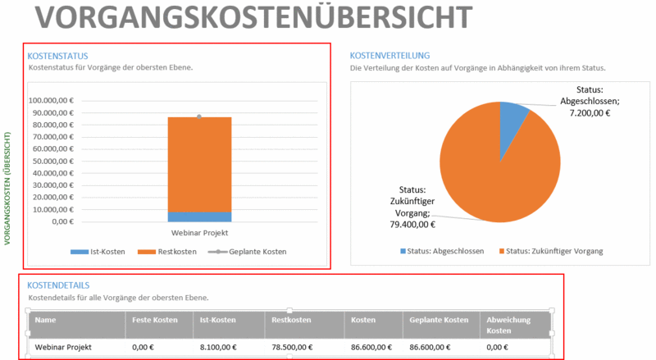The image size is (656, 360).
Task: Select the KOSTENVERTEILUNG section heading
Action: pos(389,56)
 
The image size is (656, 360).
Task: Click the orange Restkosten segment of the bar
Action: pos(199,164)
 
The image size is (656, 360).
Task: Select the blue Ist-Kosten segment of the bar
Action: pos(199,216)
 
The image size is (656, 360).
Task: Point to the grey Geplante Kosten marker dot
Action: pos(199,116)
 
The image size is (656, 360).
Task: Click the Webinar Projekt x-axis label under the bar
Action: pos(199,234)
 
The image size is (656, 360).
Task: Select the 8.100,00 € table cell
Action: pos(219,347)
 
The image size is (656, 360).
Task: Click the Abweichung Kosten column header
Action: pos(510,324)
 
